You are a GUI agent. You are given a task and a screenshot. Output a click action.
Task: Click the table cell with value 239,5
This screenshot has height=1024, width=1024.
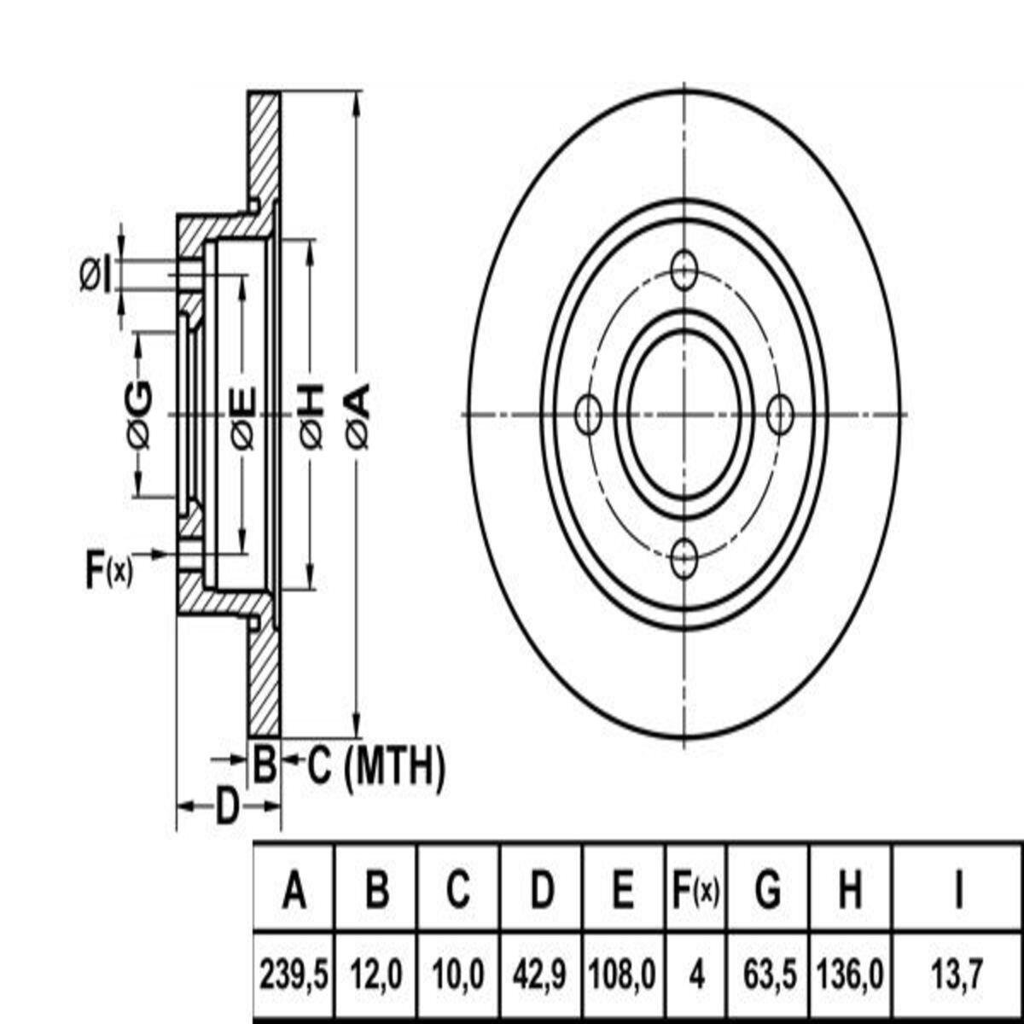(x=294, y=975)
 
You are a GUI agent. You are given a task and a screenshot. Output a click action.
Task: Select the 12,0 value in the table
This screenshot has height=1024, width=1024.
(x=376, y=975)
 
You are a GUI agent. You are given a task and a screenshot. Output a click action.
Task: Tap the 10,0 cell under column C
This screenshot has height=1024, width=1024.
(x=458, y=975)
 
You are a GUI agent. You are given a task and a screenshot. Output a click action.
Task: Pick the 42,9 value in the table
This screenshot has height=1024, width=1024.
(x=540, y=975)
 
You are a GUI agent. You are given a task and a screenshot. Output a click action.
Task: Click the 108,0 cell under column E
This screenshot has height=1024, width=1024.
(x=622, y=975)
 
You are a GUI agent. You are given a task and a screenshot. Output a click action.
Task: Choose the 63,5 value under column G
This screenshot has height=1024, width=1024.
(x=769, y=975)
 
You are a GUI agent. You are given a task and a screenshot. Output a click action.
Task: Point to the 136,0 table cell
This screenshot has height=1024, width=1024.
(x=851, y=975)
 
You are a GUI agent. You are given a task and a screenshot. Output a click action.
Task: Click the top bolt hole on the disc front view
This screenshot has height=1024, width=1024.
(x=684, y=270)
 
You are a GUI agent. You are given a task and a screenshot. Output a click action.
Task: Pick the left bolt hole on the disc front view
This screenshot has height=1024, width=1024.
(x=588, y=414)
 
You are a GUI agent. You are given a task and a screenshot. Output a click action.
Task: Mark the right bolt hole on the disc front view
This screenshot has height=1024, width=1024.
(x=780, y=414)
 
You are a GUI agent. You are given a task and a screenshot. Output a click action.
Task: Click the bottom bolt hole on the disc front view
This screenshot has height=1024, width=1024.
(x=684, y=558)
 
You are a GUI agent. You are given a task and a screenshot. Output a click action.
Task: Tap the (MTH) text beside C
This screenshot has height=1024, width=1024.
(x=393, y=767)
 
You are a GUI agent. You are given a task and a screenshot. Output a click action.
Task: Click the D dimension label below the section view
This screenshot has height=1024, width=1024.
(x=227, y=806)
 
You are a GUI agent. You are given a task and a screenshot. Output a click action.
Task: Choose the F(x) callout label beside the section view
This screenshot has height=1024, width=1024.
(x=109, y=571)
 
